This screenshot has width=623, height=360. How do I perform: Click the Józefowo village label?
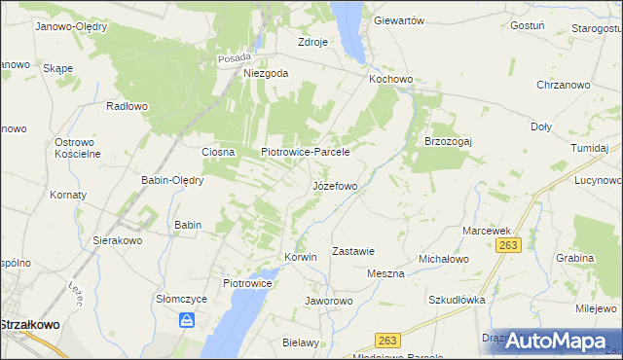click(335, 185)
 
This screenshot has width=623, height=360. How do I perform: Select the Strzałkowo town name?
click(33, 326)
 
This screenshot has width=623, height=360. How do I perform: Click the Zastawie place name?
click(353, 250)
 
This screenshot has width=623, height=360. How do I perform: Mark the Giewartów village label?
click(399, 20)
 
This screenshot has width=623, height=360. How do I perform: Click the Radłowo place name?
click(127, 107)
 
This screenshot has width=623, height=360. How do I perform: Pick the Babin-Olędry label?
click(171, 180)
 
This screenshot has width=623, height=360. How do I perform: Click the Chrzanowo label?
click(564, 86)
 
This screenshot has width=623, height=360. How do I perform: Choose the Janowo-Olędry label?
click(70, 26)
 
